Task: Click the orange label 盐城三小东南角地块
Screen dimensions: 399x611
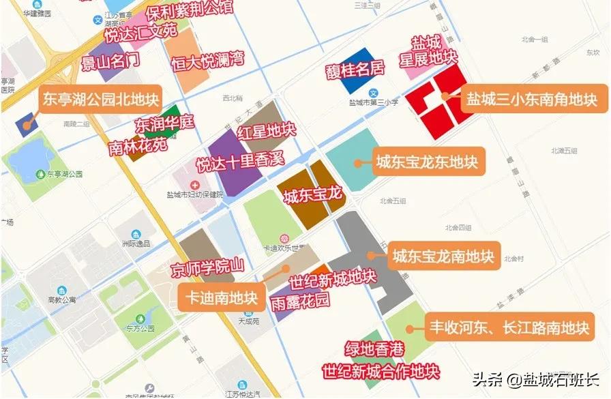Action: click(x=532, y=100)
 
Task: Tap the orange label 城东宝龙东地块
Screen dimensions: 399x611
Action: click(x=426, y=162)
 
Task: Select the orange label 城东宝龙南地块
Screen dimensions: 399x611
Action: click(x=443, y=256)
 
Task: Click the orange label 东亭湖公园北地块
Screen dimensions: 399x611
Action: click(x=101, y=100)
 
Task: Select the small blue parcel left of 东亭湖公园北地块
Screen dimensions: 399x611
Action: click(x=29, y=123)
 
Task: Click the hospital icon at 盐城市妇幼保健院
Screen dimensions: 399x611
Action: click(x=195, y=185)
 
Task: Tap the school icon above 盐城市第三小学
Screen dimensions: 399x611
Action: click(x=373, y=93)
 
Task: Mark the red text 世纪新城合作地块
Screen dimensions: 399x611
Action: click(x=381, y=372)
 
